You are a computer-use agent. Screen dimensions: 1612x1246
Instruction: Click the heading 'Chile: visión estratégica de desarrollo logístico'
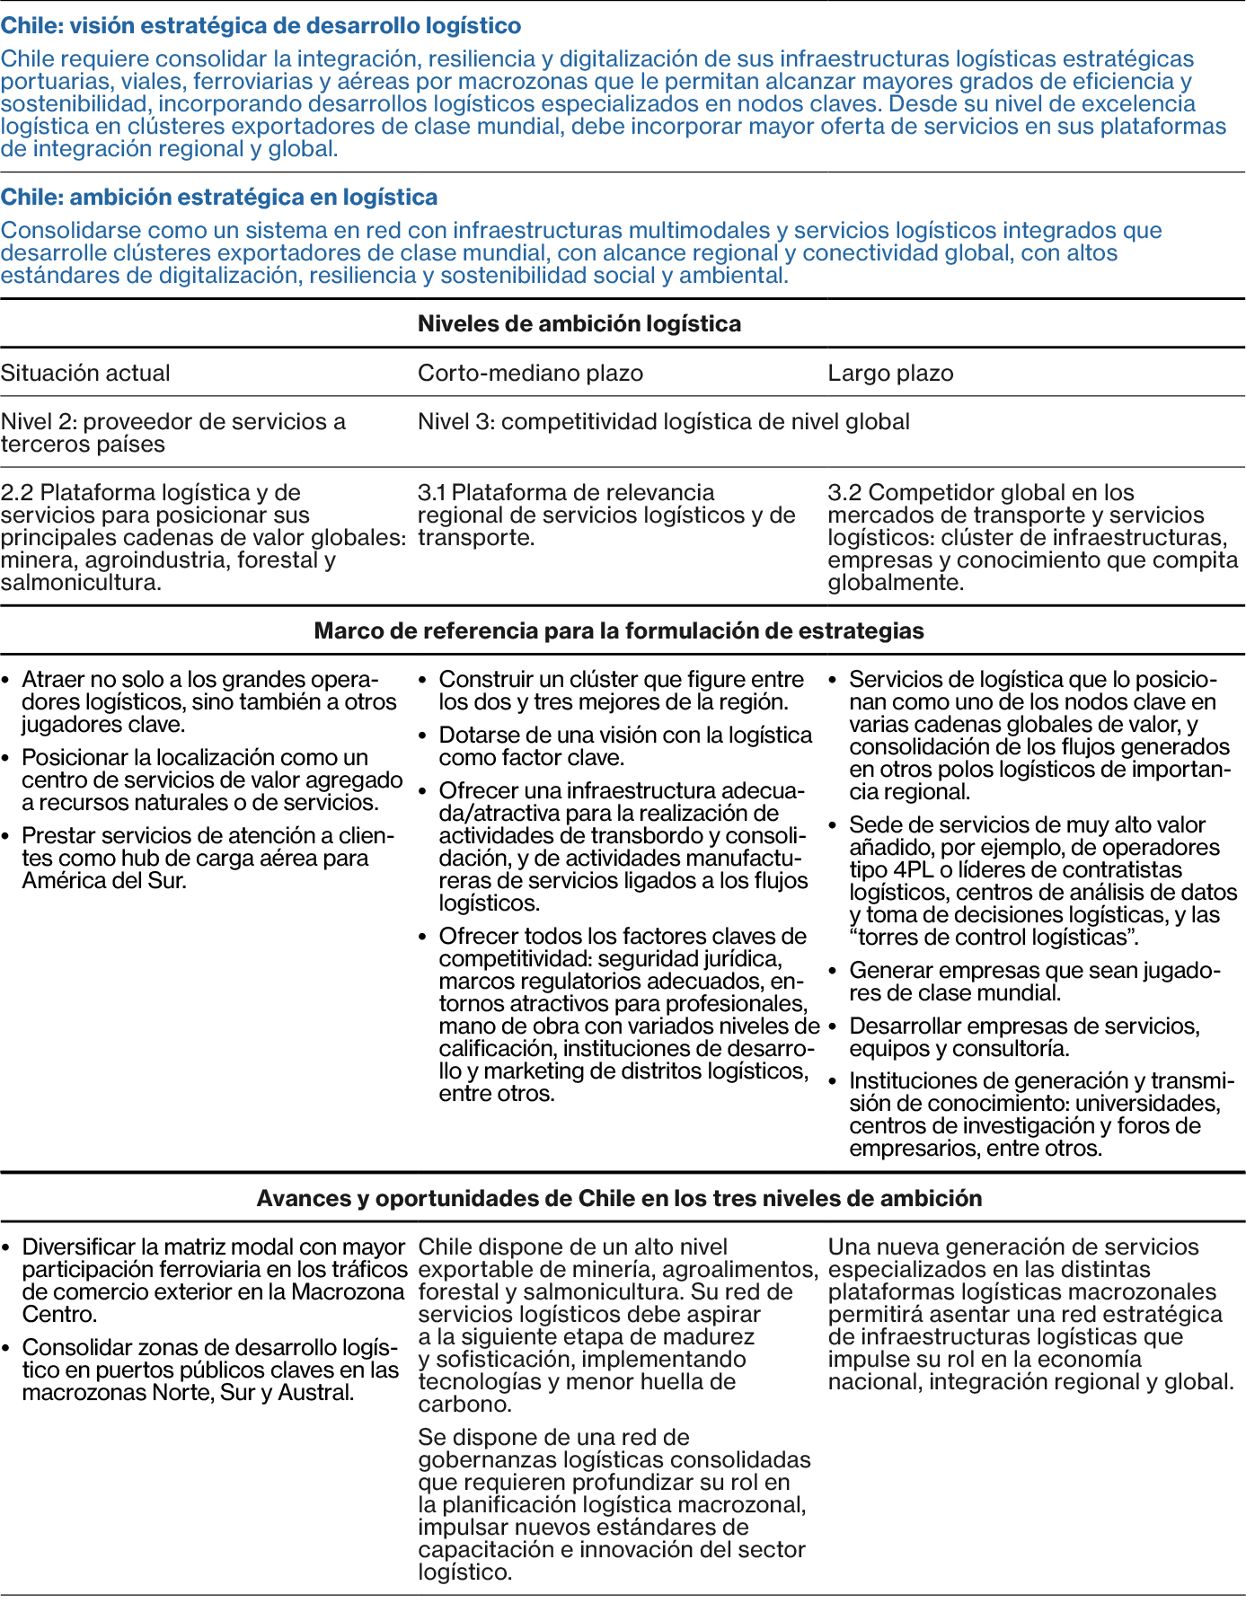tap(261, 25)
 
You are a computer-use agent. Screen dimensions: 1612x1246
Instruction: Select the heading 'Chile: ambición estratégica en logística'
tap(219, 197)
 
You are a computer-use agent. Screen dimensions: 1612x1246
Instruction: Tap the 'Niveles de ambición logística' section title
tap(579, 324)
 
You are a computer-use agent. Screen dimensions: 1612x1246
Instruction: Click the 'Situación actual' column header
tap(85, 373)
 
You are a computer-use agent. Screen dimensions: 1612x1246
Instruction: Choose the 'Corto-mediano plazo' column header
tap(530, 373)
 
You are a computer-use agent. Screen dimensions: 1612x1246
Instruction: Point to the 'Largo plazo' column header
tap(890, 373)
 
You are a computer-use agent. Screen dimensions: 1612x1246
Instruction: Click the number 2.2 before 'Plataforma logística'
tap(17, 492)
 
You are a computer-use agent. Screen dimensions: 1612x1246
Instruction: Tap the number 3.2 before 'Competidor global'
tap(844, 492)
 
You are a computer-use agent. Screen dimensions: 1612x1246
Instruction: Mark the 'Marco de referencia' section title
tap(619, 630)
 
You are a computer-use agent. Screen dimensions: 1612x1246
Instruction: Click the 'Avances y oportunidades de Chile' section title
tap(619, 1198)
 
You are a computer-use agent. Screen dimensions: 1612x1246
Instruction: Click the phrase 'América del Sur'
tap(103, 880)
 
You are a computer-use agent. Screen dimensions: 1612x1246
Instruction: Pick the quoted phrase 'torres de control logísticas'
tap(994, 938)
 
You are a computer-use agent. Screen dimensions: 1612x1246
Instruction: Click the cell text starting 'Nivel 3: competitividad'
tap(664, 421)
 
